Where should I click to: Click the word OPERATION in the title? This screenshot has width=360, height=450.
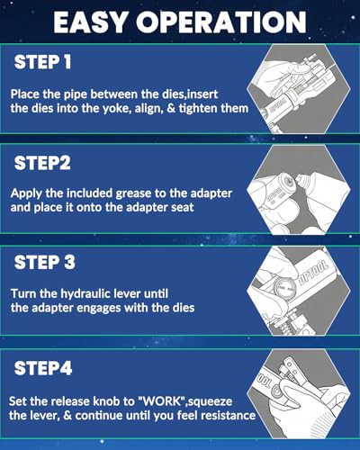(221, 22)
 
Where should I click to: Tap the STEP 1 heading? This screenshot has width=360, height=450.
(42, 62)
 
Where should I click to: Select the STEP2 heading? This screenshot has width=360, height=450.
(42, 163)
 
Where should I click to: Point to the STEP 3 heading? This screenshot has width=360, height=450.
(45, 262)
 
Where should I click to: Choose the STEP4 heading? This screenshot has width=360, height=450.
(43, 368)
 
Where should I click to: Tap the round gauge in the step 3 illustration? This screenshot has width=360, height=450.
(282, 288)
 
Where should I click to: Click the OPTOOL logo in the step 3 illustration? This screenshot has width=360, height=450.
(313, 273)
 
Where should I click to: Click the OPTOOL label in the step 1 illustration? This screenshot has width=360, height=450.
(277, 105)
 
